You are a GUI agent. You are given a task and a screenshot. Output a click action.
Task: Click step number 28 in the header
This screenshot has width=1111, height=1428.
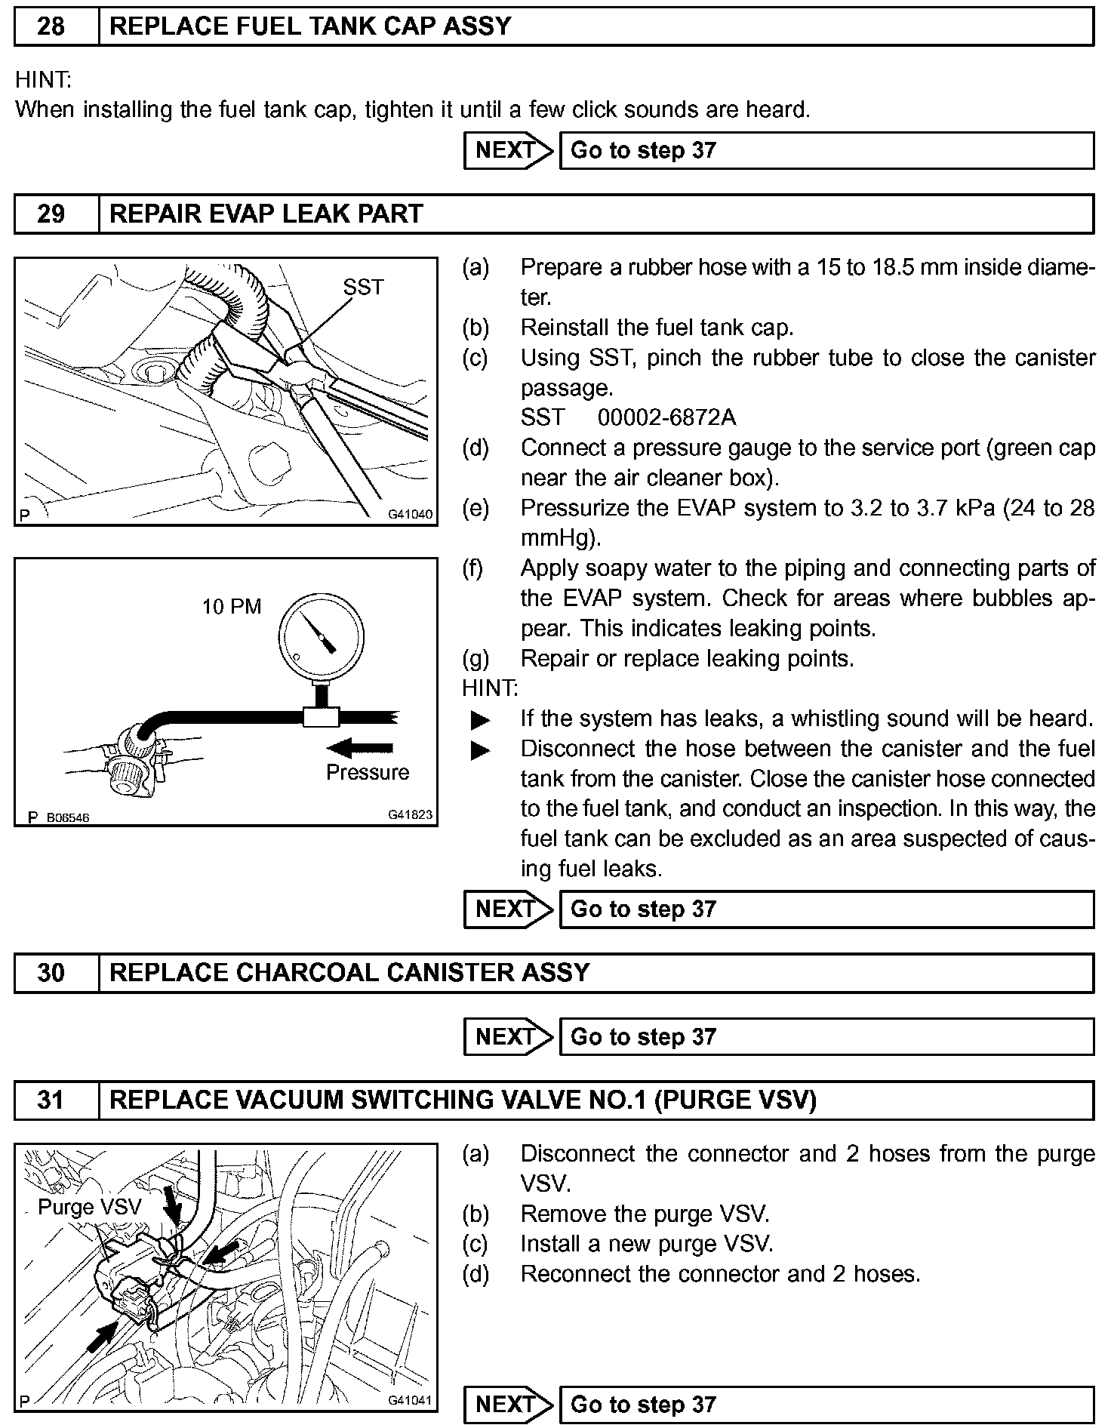click(51, 26)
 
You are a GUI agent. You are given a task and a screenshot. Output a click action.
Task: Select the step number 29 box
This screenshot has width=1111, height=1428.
click(51, 214)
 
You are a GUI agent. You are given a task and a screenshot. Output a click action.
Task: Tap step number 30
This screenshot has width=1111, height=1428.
click(51, 973)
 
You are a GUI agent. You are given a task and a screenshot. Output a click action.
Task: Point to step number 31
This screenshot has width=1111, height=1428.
click(51, 1100)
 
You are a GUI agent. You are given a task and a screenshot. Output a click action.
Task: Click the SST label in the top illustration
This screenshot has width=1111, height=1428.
click(363, 287)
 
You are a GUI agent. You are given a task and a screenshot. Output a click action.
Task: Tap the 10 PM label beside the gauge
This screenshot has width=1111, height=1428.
click(231, 607)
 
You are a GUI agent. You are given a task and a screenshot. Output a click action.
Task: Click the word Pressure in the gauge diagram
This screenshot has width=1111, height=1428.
click(368, 772)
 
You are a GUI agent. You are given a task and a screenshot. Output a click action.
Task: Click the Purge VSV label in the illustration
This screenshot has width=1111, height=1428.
click(90, 1207)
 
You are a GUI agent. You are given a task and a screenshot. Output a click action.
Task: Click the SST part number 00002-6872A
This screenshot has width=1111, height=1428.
click(666, 417)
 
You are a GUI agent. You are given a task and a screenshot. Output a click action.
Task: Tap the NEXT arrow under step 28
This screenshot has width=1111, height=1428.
click(509, 151)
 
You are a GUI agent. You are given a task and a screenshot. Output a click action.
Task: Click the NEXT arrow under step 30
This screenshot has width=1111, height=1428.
click(509, 1037)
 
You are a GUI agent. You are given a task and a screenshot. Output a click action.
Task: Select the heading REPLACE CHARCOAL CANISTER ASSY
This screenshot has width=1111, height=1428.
click(349, 973)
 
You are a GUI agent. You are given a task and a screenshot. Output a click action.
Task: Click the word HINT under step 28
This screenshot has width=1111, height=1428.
click(43, 79)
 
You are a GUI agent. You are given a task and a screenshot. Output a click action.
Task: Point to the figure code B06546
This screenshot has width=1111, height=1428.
click(68, 817)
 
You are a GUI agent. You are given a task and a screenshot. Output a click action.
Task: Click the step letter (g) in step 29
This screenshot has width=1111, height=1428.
click(475, 659)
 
